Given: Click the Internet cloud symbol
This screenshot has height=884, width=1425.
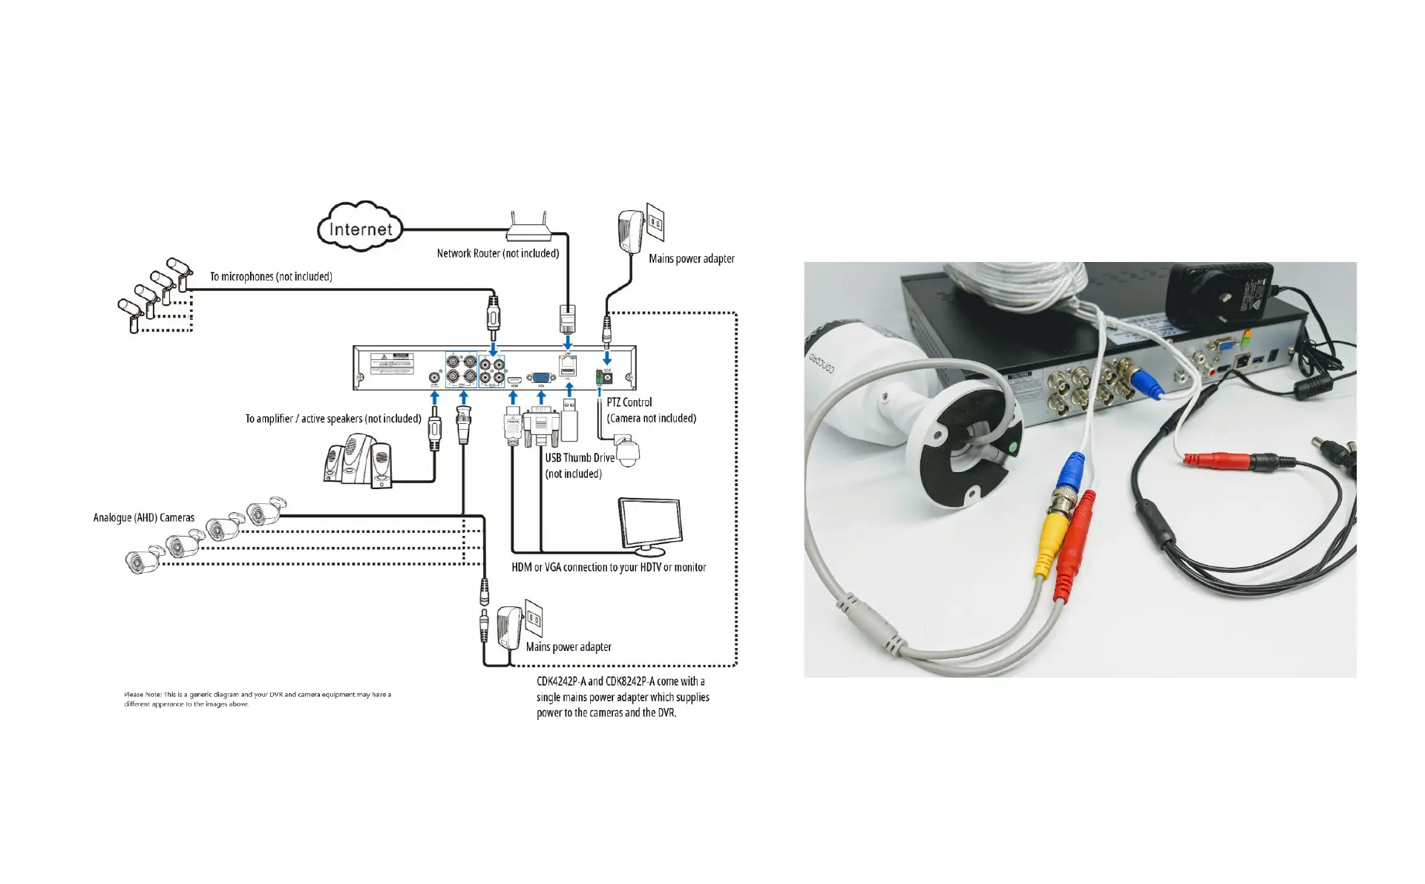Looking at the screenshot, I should pyautogui.click(x=360, y=228).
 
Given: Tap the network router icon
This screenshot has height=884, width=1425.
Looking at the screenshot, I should pyautogui.click(x=529, y=226).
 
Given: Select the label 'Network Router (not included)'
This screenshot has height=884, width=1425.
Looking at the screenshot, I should pyautogui.click(x=497, y=254).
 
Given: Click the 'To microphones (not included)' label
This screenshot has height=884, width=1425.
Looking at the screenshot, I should pyautogui.click(x=271, y=277).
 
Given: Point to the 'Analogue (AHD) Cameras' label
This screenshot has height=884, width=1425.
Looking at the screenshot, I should pyautogui.click(x=144, y=517).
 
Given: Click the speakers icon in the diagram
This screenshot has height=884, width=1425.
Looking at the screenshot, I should pyautogui.click(x=358, y=461).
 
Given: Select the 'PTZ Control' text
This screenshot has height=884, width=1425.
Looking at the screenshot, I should pyautogui.click(x=629, y=402).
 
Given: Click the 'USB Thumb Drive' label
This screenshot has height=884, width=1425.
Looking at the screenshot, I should pyautogui.click(x=580, y=458).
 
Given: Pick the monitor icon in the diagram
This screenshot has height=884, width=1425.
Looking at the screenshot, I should pyautogui.click(x=651, y=526).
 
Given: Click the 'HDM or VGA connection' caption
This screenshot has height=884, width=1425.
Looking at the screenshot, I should pyautogui.click(x=609, y=567).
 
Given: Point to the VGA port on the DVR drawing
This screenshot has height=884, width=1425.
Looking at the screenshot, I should pyautogui.click(x=540, y=378).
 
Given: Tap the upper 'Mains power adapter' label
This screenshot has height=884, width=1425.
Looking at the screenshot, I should pyautogui.click(x=691, y=259).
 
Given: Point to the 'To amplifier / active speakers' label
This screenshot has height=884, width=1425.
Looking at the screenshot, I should pyautogui.click(x=333, y=419).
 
